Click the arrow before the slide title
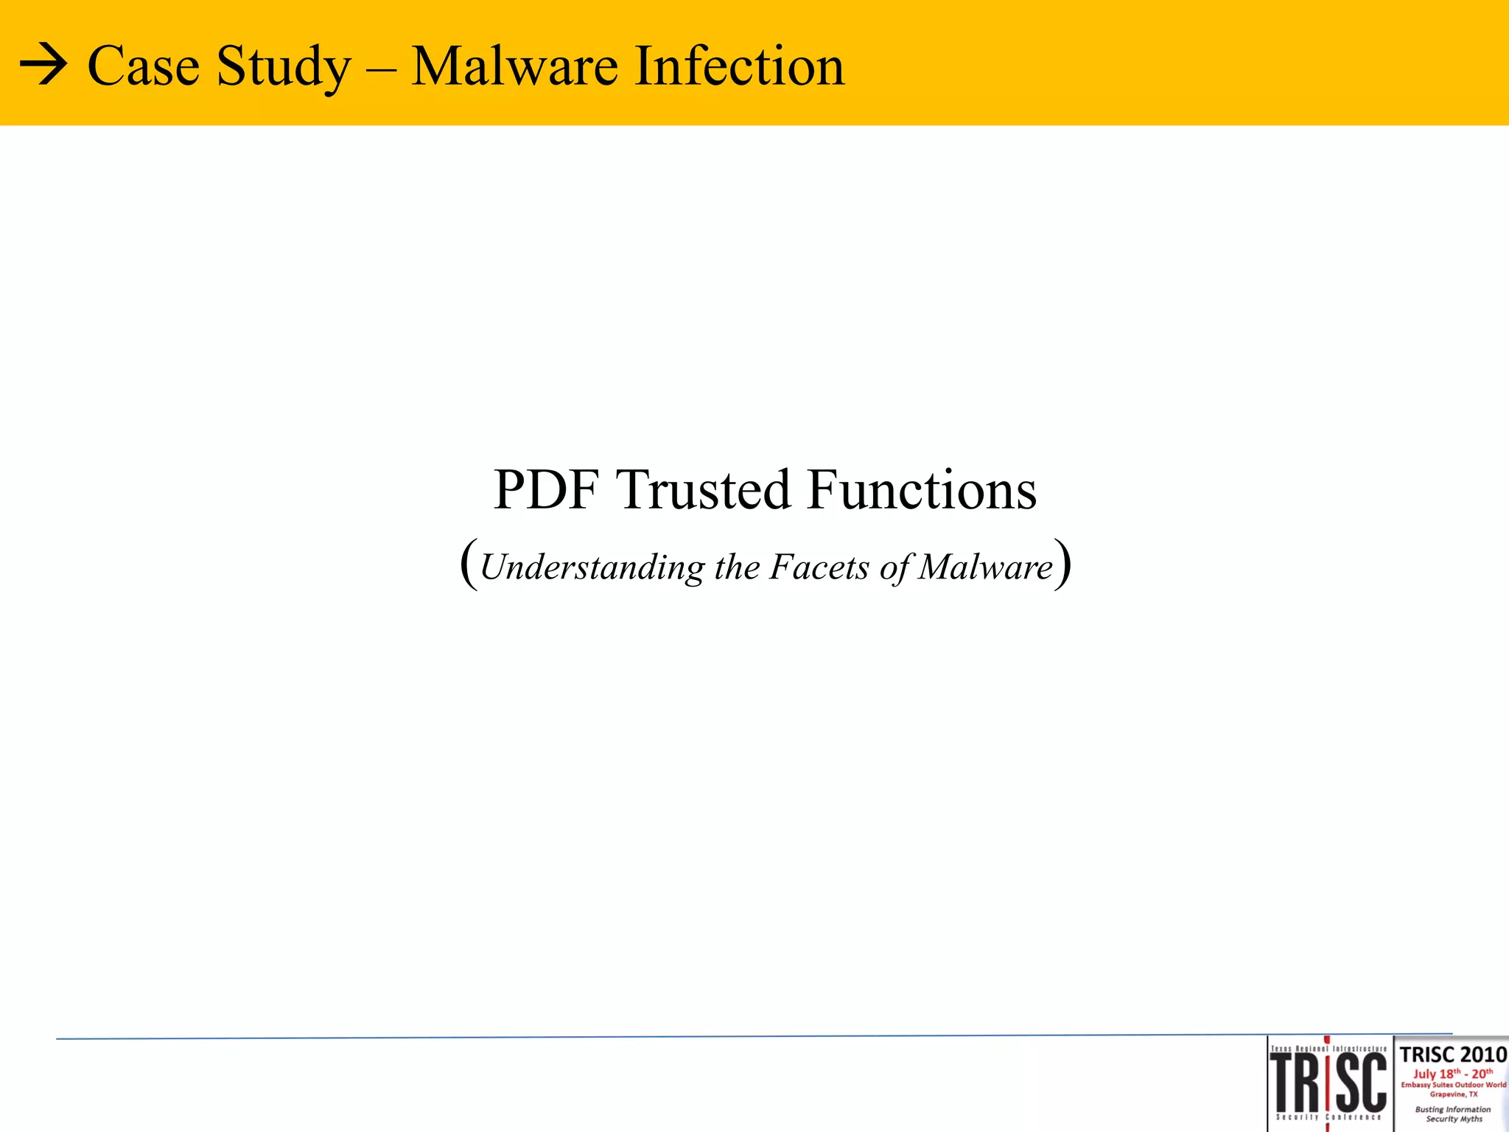[x=43, y=67]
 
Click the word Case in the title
[x=144, y=66]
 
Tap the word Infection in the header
[x=740, y=66]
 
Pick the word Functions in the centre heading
[x=922, y=489]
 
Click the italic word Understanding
[x=592, y=568]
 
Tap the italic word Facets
[x=819, y=567]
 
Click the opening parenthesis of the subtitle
[x=469, y=565]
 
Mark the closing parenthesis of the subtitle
[x=1062, y=565]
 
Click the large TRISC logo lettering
[x=1328, y=1082]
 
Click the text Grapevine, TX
[x=1453, y=1094]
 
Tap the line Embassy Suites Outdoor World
[x=1453, y=1085]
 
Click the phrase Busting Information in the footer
[x=1453, y=1109]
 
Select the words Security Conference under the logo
[x=1328, y=1117]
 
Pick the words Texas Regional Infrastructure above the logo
[x=1328, y=1048]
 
